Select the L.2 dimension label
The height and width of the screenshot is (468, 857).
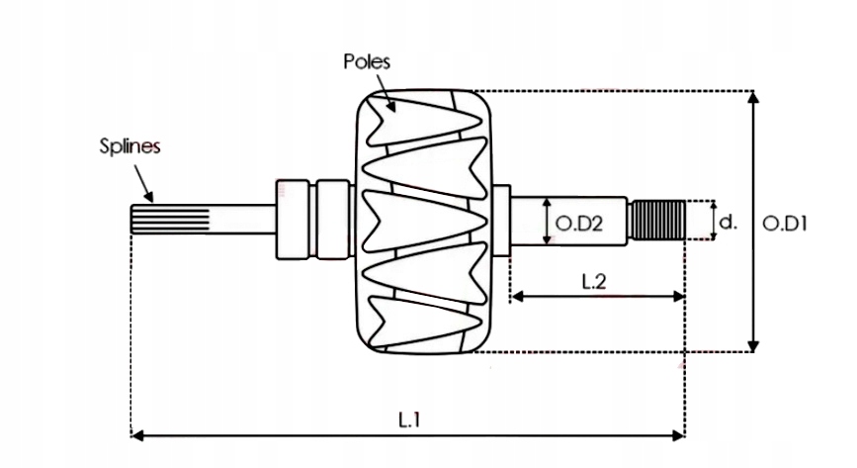point(594,282)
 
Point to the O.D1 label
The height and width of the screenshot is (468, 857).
point(786,224)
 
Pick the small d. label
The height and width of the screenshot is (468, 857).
point(728,223)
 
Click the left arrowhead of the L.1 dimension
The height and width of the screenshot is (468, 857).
point(136,433)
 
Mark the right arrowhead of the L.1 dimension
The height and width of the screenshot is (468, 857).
point(679,433)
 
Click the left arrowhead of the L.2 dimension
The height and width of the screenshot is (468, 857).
point(516,296)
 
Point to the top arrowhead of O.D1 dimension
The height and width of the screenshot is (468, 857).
point(754,97)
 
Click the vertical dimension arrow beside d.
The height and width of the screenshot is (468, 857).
point(714,220)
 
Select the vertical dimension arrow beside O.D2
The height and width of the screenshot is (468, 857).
point(548,221)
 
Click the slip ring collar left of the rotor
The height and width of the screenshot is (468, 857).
point(312,220)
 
